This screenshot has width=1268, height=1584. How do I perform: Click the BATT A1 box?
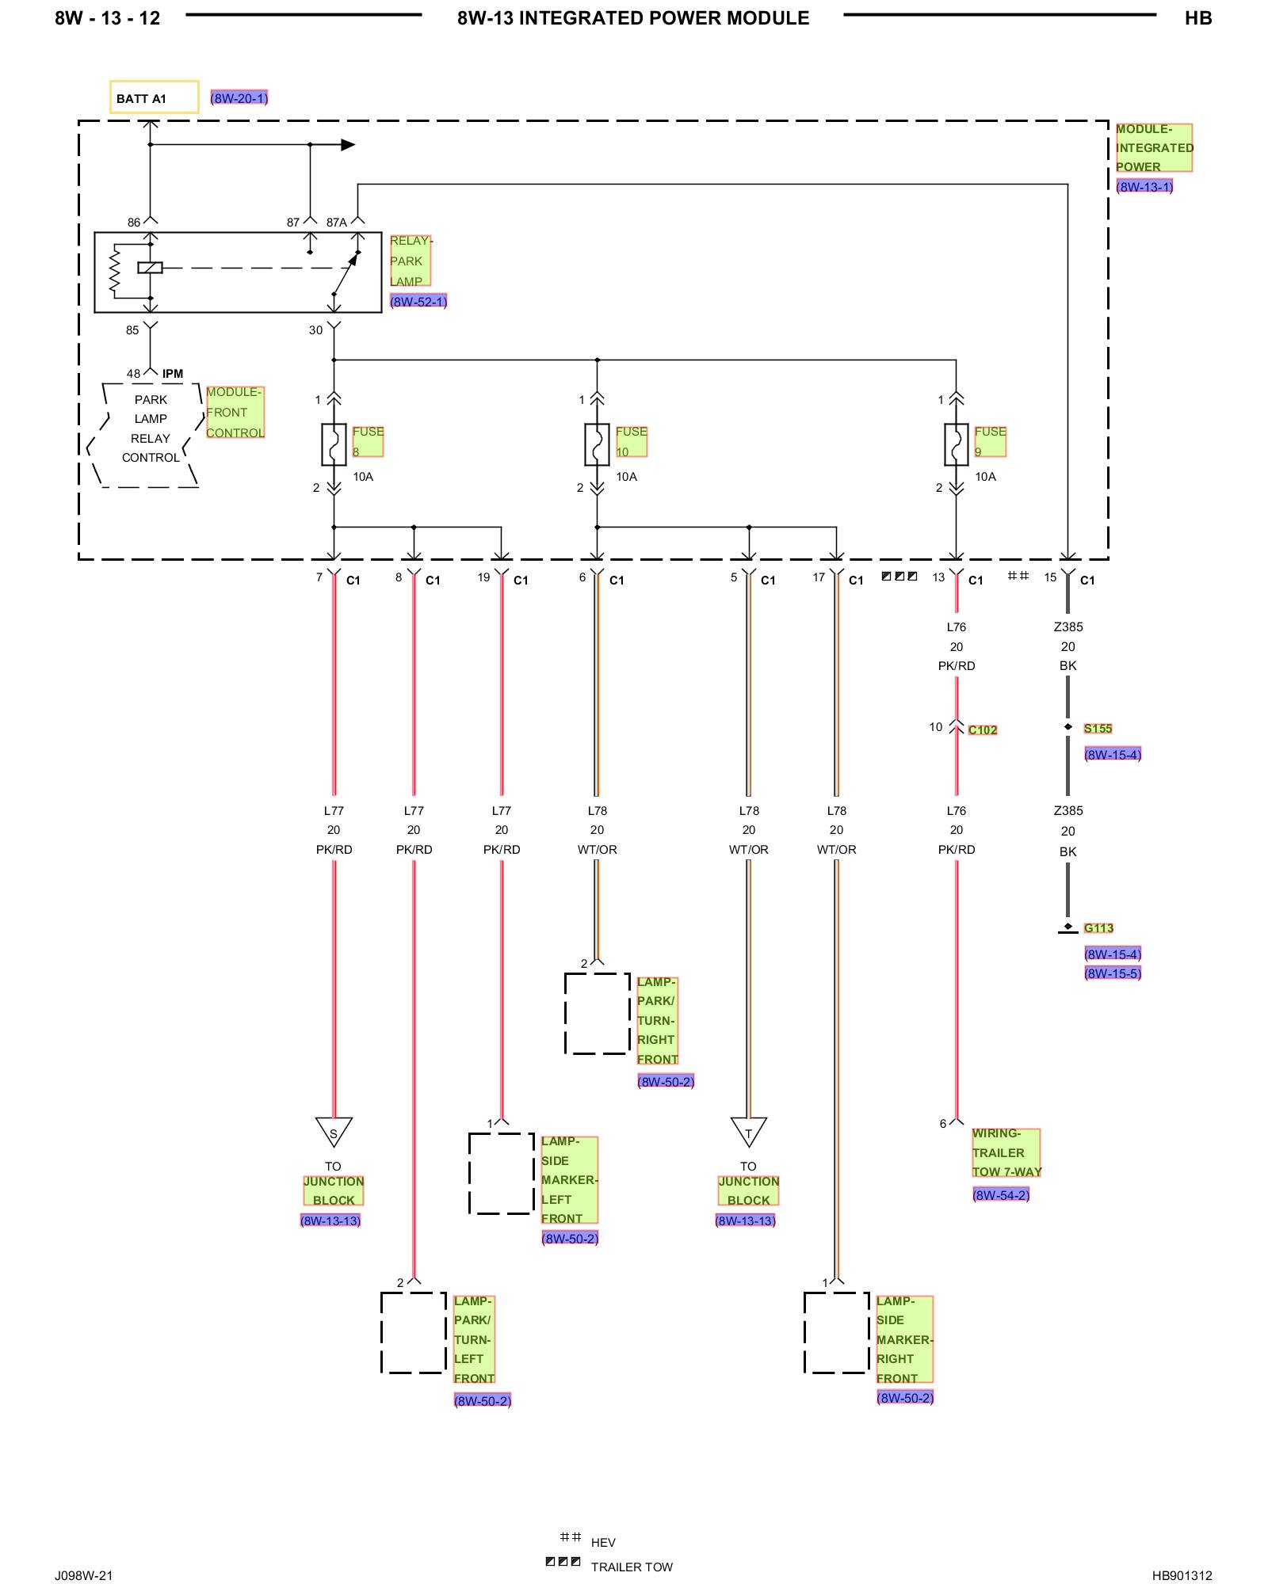154,97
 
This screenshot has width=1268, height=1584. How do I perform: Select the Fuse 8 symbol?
334,444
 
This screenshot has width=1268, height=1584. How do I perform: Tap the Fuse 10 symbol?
597,444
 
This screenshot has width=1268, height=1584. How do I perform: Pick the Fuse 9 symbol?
957,444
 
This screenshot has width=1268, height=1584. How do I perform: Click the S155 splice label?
1098,729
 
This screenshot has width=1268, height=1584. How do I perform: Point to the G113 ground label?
1098,928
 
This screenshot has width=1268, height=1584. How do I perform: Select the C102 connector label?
983,730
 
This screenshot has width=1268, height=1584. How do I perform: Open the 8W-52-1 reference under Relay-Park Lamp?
418,302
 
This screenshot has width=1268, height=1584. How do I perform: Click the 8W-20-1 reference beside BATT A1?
239,98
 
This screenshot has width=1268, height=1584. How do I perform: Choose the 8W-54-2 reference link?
1001,1195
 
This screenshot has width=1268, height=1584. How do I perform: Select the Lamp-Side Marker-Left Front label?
570,1180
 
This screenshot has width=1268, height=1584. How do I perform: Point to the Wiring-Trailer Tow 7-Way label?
1006,1153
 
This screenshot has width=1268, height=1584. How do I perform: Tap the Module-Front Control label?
235,413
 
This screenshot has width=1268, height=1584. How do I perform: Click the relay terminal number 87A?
337,223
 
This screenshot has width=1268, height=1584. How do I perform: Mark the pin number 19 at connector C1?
483,577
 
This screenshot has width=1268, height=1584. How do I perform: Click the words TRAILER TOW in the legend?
632,1567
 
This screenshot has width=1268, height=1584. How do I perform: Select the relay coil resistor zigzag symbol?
115,271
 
